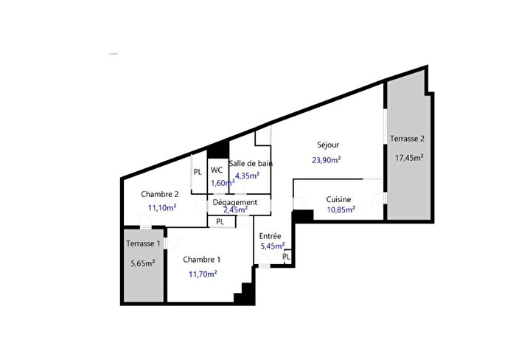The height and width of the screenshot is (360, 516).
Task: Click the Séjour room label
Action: tap(328, 145)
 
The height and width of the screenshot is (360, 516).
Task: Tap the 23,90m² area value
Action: tap(327, 159)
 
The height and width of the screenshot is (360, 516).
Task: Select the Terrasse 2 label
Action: tap(408, 139)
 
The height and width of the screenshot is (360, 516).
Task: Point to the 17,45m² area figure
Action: tap(409, 157)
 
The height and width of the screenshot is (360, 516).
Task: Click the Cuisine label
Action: tap(339, 199)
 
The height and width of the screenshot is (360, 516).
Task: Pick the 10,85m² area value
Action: tap(341, 210)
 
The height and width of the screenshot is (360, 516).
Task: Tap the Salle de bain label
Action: tap(251, 164)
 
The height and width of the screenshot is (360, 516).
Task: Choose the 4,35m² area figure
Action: tap(247, 176)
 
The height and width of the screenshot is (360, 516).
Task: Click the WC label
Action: tap(217, 170)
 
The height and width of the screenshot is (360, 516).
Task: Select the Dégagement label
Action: tap(234, 202)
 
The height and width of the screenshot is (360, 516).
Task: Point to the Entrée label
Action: tap(270, 236)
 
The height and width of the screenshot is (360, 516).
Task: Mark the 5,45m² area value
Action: tap(271, 246)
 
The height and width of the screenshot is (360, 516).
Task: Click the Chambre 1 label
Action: tap(201, 259)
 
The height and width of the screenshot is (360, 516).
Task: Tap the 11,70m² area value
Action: tap(202, 274)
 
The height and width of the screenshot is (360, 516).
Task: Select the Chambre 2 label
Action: tap(160, 194)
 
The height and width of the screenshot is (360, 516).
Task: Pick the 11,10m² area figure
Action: tap(162, 208)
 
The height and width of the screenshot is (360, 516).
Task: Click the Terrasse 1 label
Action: tap(142, 243)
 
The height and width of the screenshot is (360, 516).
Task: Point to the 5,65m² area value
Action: tap(142, 263)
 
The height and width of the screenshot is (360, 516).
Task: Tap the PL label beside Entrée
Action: tap(286, 257)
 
